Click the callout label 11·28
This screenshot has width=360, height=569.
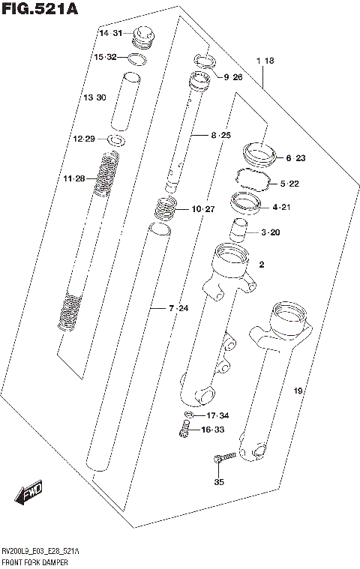pos(74,178)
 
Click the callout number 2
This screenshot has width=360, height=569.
pos(262,265)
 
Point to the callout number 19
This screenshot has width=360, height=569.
pos(297,391)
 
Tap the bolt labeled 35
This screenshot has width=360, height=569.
pos(223,458)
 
